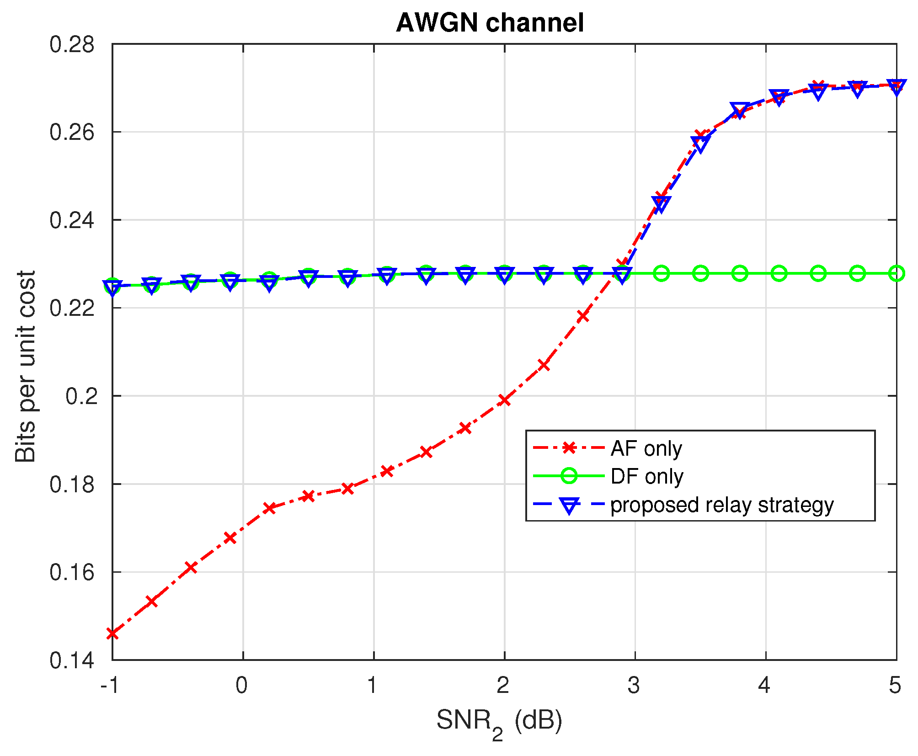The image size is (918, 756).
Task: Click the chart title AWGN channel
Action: (x=490, y=23)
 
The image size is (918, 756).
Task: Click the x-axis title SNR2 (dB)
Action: (x=499, y=722)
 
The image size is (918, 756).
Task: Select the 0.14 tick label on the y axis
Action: (x=72, y=660)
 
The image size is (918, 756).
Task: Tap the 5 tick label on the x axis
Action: (x=895, y=686)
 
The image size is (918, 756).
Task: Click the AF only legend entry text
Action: (x=646, y=448)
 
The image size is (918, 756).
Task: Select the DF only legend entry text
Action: (x=646, y=476)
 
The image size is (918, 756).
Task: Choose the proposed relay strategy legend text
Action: (x=722, y=505)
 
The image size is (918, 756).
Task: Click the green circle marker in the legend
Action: (x=569, y=476)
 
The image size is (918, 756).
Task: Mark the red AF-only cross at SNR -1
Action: (x=112, y=634)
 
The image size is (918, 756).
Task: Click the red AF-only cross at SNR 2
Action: (x=504, y=400)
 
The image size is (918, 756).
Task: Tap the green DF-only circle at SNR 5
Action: (x=897, y=273)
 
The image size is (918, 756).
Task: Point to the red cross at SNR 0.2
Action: (x=269, y=508)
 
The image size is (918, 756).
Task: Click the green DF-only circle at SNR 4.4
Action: (x=818, y=273)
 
